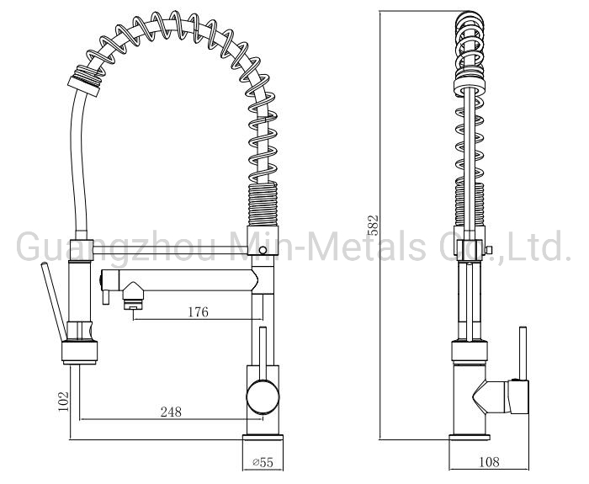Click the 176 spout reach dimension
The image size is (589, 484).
pyautogui.click(x=198, y=312)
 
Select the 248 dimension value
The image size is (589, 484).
pyautogui.click(x=171, y=412)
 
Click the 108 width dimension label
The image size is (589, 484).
pyautogui.click(x=489, y=461)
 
